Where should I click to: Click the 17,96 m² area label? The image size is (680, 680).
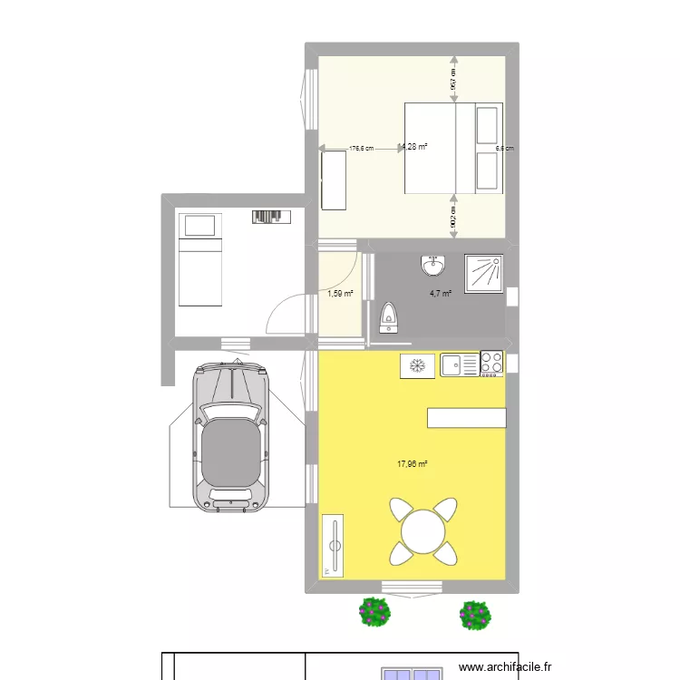[x=412, y=464]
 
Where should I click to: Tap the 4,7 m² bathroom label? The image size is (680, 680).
[x=441, y=293]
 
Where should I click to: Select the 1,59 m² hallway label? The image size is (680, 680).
[x=339, y=293]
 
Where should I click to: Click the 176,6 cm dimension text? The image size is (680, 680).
[x=362, y=148]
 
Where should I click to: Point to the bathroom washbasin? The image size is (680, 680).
[x=432, y=267]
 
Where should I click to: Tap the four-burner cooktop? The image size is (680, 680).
[x=491, y=364]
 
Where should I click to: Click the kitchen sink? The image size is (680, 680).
[x=459, y=364]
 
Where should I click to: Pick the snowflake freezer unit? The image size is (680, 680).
[x=417, y=365]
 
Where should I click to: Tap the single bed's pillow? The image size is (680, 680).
[x=199, y=224]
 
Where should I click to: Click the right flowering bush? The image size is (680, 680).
[x=474, y=615]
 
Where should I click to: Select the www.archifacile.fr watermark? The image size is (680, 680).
[x=506, y=666]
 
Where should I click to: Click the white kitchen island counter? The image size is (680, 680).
[x=467, y=418]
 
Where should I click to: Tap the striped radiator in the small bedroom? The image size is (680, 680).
[x=267, y=216]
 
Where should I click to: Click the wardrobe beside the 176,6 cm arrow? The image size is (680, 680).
[x=334, y=180]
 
